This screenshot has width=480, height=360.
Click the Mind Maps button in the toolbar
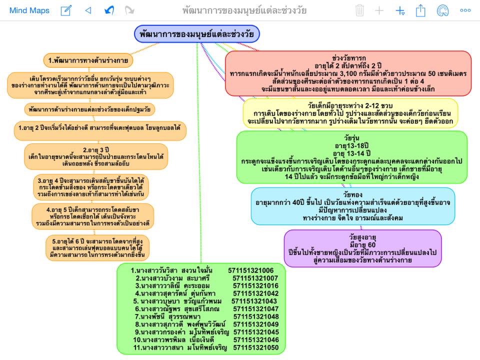[29, 10]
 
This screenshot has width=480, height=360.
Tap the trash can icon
[359, 10]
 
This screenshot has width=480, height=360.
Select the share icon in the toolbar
[420, 10]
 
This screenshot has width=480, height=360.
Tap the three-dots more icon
[465, 10]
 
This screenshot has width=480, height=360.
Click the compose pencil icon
[66, 10]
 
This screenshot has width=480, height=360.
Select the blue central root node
[196, 34]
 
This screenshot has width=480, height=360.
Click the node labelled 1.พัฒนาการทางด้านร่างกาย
[88, 60]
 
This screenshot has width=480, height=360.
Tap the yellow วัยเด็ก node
[350, 113]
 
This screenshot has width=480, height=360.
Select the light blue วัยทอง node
[353, 205]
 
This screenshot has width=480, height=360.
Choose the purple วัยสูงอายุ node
[362, 248]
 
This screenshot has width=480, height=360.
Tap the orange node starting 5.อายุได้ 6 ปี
[97, 248]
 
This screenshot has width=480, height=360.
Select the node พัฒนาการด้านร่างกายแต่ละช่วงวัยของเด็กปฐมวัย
[90, 108]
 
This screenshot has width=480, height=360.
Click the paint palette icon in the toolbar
[442, 10]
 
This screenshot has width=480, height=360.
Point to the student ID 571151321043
[254, 301]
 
